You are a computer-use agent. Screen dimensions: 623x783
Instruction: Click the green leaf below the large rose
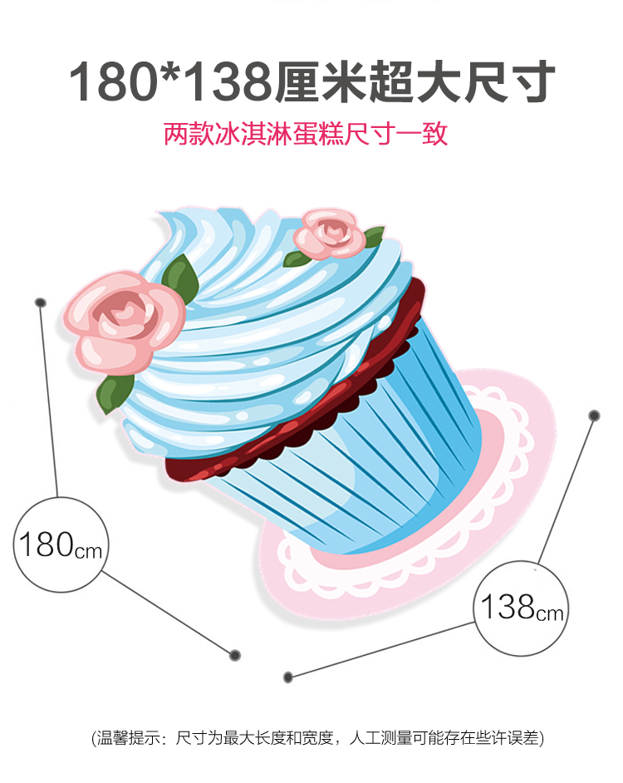(115, 392)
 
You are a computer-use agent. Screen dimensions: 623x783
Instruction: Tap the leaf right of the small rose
(374, 236)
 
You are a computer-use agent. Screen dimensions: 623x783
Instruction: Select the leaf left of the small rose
(297, 259)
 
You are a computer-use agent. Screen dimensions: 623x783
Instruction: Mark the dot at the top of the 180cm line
(41, 303)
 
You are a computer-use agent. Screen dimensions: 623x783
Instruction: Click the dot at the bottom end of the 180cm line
(235, 655)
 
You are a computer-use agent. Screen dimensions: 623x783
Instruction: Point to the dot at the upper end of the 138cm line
(594, 415)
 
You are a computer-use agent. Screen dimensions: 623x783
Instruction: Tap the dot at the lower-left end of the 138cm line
(288, 677)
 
